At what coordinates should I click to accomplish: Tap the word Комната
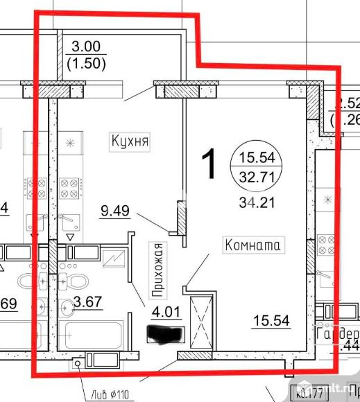point(251,245)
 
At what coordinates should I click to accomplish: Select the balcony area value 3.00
point(87,49)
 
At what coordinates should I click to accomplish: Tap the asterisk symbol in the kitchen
point(70,145)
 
